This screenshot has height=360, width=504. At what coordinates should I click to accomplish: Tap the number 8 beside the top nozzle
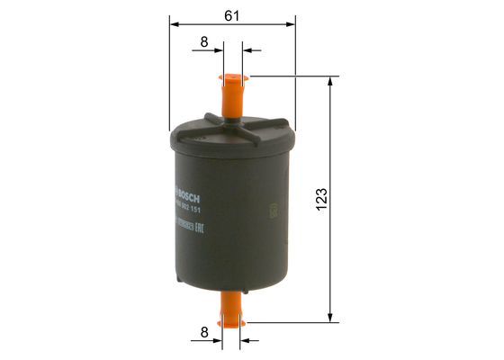(x=204, y=41)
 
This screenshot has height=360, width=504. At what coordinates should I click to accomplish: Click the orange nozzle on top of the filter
(x=232, y=94)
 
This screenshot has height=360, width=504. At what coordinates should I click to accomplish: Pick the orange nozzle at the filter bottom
(x=232, y=307)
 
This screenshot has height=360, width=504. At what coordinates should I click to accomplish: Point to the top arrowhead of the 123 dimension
(x=331, y=81)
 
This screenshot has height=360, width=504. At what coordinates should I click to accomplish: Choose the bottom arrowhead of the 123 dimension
(x=331, y=317)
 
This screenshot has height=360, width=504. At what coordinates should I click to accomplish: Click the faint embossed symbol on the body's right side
(x=271, y=213)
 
